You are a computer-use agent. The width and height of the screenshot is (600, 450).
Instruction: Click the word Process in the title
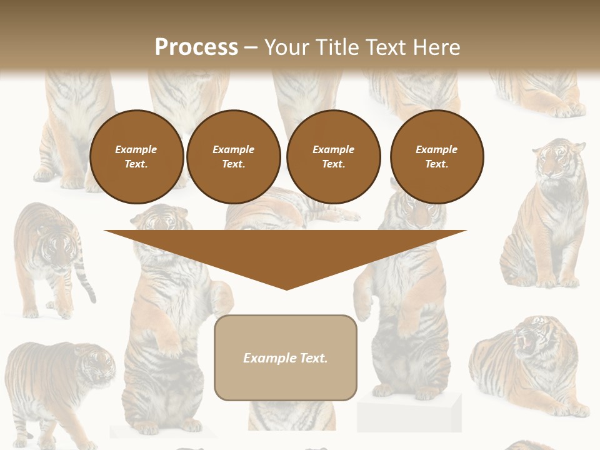pos(196,47)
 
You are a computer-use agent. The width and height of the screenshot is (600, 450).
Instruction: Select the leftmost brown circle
pos(136,157)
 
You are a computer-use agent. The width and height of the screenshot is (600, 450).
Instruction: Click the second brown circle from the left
pos(233,157)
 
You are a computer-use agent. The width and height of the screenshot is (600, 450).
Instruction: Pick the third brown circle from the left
pos(333,157)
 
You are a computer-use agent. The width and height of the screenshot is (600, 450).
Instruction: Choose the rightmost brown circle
pos(436,157)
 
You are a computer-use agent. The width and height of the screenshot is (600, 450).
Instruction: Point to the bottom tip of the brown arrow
pos(286,288)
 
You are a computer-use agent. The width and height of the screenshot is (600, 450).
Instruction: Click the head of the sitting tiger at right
pos(557,159)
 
